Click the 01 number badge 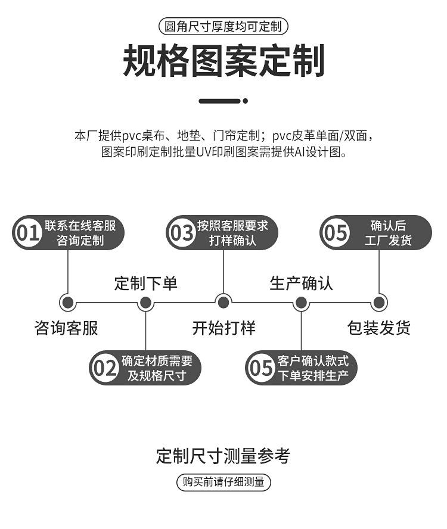point(27,233)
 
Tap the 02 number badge point(105,368)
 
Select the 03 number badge point(182,233)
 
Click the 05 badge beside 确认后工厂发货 point(335,233)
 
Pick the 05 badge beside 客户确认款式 point(260,368)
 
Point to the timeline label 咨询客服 point(66,328)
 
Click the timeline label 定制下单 point(145,283)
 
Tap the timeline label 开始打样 point(223,328)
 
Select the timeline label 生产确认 point(301,283)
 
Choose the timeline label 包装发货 point(379,328)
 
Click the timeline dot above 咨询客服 point(68,302)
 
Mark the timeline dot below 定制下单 point(145,302)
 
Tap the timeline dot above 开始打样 point(223,302)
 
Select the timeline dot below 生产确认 point(301,302)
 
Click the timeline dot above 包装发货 point(379,302)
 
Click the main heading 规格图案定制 point(223,61)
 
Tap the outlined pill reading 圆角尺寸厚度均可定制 point(223,27)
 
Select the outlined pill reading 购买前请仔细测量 point(223,482)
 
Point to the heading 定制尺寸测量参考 point(223,456)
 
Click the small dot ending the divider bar point(246,101)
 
